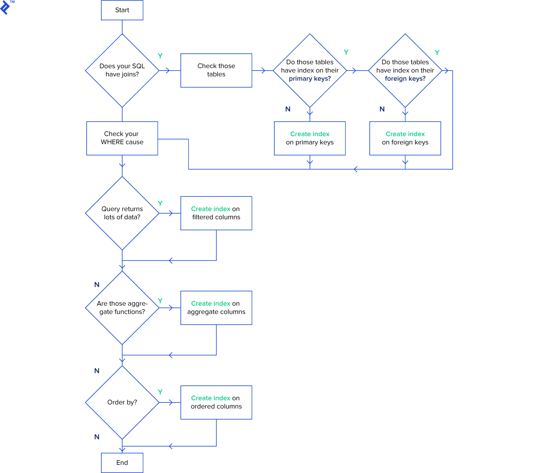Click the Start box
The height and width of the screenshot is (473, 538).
(x=122, y=10)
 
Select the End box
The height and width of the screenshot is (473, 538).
(x=122, y=462)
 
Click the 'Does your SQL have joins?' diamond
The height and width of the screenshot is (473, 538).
(x=122, y=70)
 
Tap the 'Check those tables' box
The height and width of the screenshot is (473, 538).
(x=216, y=70)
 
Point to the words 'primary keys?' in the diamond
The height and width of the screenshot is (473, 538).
(x=310, y=79)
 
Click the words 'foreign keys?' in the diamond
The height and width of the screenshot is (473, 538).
(x=405, y=79)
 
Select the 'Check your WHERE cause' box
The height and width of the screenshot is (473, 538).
(x=122, y=138)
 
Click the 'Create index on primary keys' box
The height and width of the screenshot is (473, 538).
(x=310, y=138)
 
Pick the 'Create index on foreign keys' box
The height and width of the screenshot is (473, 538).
(x=405, y=138)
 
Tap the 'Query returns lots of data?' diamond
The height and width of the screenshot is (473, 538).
(x=122, y=213)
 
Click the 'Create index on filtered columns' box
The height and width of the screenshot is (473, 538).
(x=216, y=213)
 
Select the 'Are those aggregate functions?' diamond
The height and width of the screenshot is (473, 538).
(x=122, y=308)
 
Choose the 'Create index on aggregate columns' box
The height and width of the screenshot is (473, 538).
(x=216, y=308)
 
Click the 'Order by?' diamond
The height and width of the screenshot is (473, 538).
(x=122, y=402)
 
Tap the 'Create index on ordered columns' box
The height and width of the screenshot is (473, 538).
(x=216, y=402)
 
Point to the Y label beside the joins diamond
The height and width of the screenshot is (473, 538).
(x=160, y=56)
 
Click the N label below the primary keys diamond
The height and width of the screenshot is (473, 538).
(x=288, y=109)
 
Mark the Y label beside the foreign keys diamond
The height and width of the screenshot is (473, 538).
(x=437, y=52)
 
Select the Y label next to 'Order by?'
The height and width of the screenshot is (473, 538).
(x=160, y=392)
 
